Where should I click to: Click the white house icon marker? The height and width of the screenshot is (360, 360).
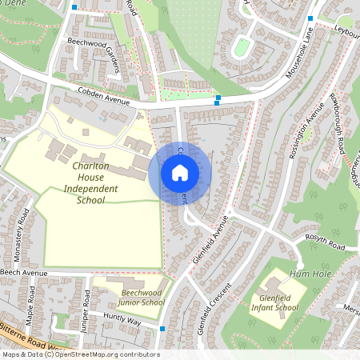click(180, 172)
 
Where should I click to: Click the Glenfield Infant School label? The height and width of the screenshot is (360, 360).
click(274, 301)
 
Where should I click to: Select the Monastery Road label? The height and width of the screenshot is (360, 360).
click(23, 233)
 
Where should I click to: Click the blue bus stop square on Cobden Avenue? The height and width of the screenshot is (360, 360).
click(217, 99)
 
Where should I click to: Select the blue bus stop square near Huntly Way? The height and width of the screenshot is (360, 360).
click(162, 328)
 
